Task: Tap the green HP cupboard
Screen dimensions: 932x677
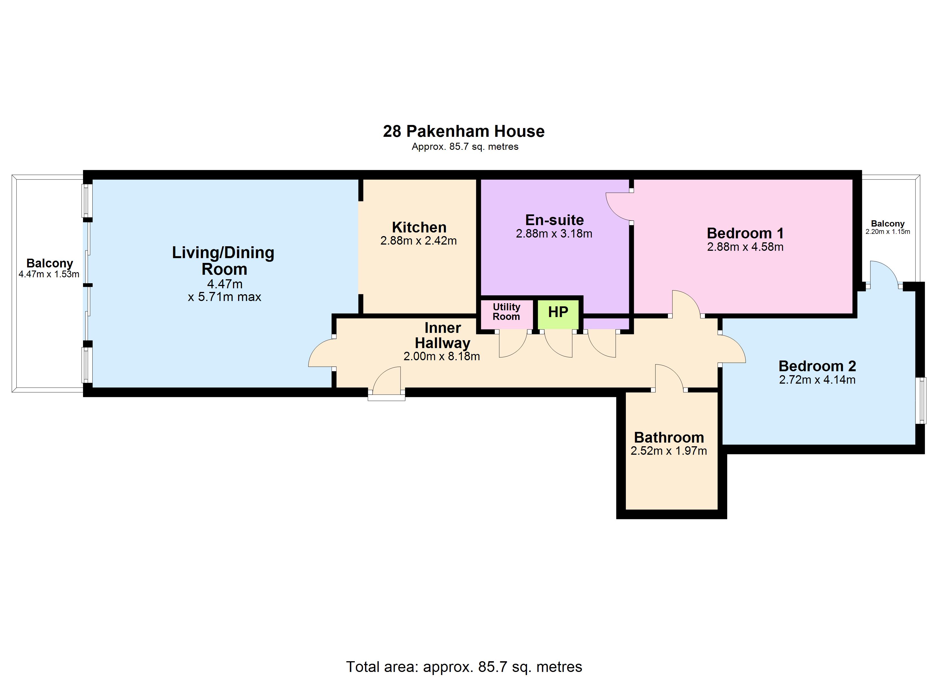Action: click(558, 314)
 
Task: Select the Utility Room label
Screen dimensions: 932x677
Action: click(506, 312)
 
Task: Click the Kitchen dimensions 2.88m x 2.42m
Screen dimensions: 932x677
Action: click(418, 241)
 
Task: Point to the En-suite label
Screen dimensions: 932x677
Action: click(554, 220)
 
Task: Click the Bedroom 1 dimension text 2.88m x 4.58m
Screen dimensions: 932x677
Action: click(745, 247)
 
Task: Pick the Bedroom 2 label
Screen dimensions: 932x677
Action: click(817, 366)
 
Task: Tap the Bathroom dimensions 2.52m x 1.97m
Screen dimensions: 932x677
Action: click(668, 451)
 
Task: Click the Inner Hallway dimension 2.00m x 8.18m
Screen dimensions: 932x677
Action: click(441, 356)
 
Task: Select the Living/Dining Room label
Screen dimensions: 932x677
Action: click(223, 261)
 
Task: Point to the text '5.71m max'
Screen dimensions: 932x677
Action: click(229, 296)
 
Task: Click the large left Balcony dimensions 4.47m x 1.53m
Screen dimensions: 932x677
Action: click(49, 274)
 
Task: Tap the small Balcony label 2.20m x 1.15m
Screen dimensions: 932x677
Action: click(888, 227)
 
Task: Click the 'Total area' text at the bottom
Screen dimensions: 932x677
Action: click(464, 666)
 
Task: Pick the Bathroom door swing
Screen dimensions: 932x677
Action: click(669, 377)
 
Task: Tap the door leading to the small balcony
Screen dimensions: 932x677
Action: click(883, 272)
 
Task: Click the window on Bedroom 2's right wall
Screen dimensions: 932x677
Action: click(923, 400)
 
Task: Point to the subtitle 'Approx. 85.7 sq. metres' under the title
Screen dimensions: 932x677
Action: click(465, 147)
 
